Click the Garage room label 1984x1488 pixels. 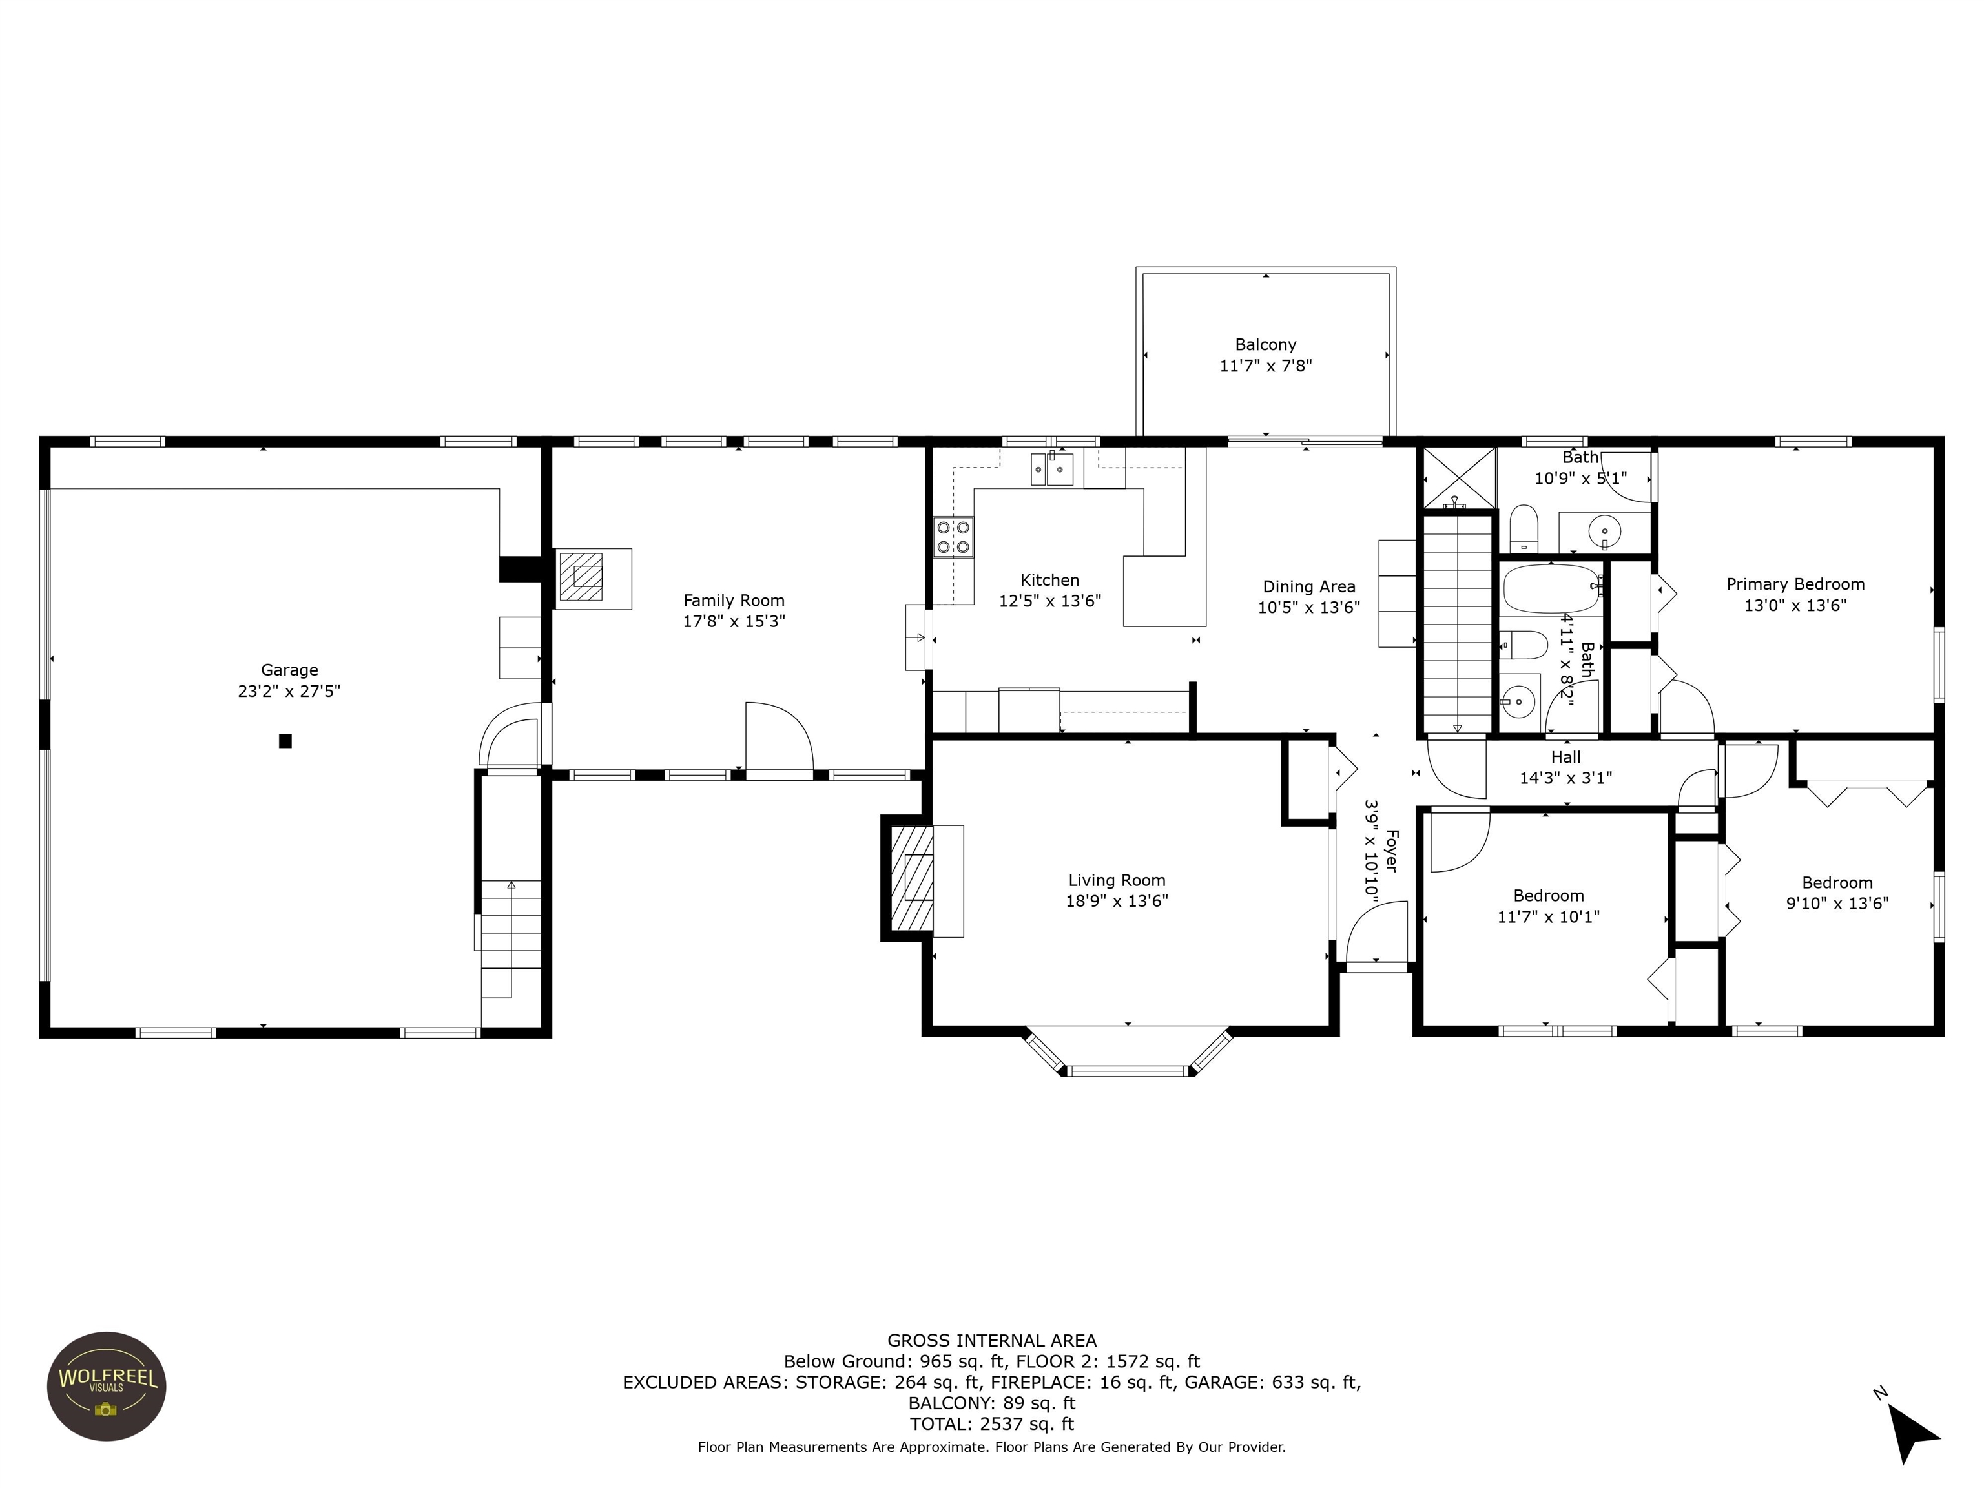pos(289,670)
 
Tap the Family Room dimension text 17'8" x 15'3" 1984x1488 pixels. pos(734,621)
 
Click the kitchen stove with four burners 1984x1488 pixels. pos(953,537)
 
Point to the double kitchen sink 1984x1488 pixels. pos(1052,469)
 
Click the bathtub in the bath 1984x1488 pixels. pos(1553,588)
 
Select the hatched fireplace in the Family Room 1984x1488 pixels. pos(581,577)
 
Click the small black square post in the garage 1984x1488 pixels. pos(285,741)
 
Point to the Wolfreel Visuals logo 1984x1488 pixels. pos(107,1387)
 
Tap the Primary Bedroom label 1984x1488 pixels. pos(1795,584)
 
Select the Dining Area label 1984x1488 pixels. pos(1308,586)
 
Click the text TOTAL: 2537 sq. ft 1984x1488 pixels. pos(992,1423)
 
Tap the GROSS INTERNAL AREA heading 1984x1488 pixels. pos(992,1341)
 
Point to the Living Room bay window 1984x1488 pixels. pos(1128,1051)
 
